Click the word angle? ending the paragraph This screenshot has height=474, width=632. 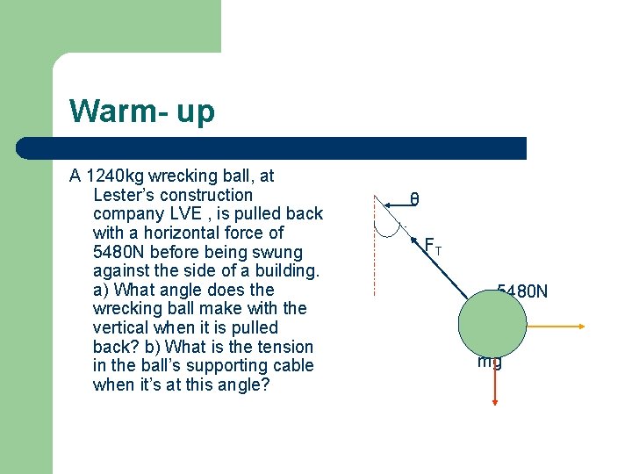238,384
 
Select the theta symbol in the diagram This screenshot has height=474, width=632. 414,200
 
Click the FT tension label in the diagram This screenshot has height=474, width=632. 433,247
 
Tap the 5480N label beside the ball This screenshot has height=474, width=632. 522,291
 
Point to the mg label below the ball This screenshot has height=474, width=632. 489,360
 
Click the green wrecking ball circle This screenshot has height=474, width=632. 492,322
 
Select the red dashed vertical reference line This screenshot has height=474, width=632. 375,255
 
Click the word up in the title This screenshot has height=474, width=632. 194,112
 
